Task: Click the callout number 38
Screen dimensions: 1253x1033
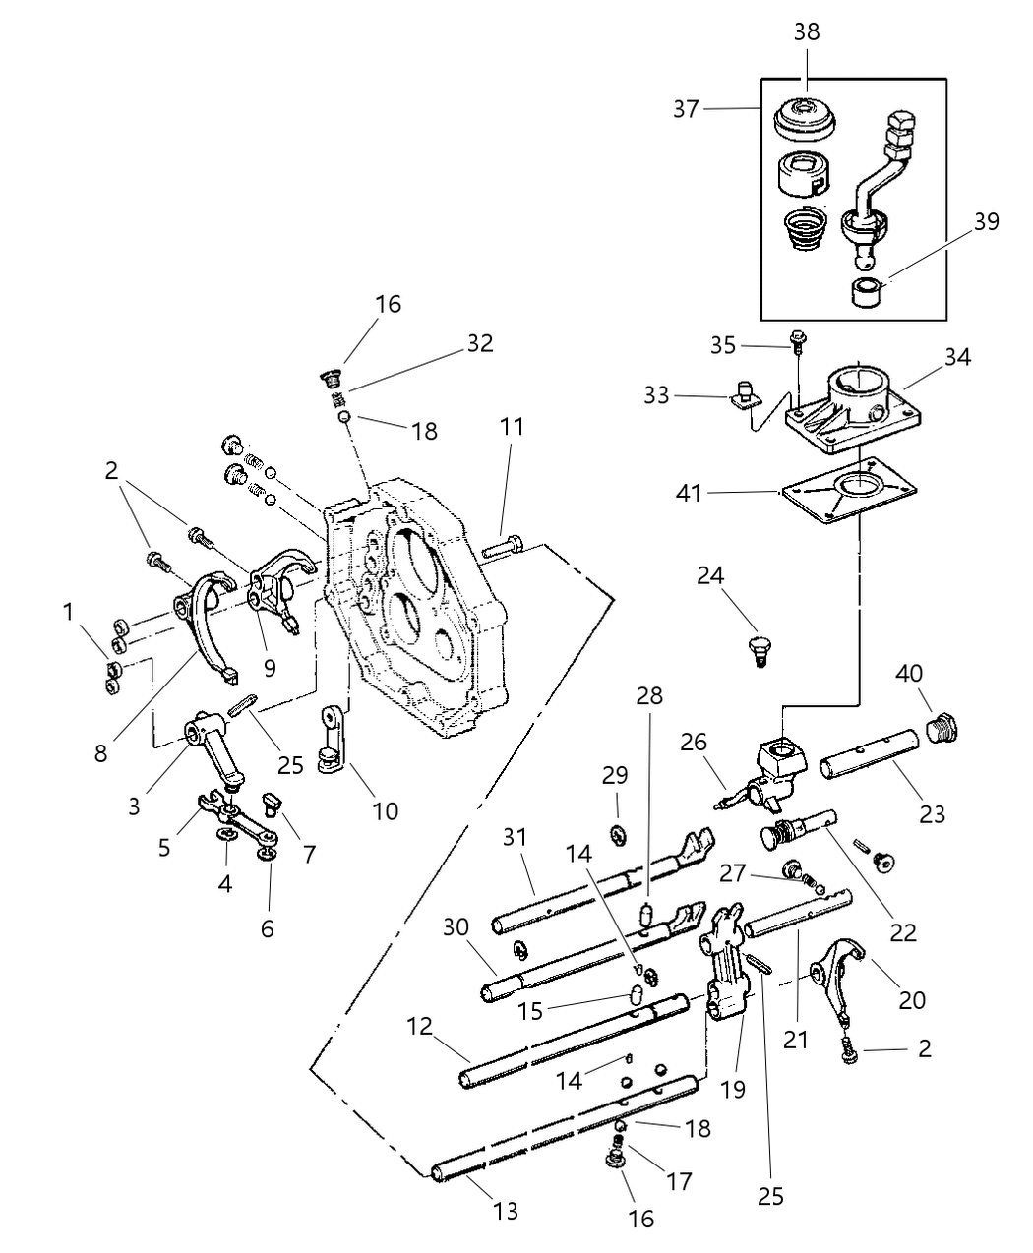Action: (806, 31)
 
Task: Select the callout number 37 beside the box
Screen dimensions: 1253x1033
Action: (686, 108)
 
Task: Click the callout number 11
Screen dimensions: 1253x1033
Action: (512, 427)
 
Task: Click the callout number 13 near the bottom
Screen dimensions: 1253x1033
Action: (505, 1211)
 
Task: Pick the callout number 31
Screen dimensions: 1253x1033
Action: (515, 837)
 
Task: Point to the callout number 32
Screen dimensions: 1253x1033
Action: (479, 343)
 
